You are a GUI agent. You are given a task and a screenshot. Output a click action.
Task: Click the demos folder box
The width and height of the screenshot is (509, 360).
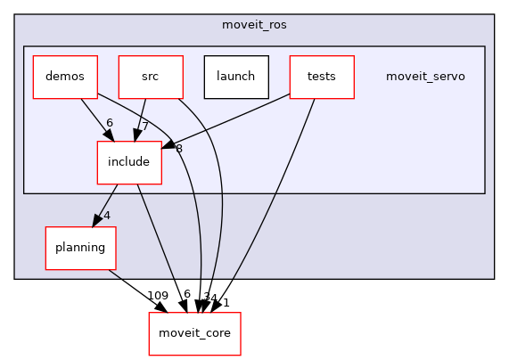pos(65,77)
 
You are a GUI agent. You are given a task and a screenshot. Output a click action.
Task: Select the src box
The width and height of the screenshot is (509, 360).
pos(150,77)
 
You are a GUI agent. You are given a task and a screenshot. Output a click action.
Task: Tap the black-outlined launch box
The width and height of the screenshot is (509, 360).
pos(235,77)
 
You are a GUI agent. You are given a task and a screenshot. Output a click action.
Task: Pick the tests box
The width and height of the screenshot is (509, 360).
pos(321,77)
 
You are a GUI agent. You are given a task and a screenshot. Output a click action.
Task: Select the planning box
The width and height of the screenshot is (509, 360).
pos(81,248)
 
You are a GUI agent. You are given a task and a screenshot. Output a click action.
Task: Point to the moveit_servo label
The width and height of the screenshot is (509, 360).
pos(425,77)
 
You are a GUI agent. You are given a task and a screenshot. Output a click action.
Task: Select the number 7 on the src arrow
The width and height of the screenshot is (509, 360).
pos(144,127)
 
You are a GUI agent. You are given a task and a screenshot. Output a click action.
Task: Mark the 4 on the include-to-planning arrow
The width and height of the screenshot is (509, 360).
pos(106,215)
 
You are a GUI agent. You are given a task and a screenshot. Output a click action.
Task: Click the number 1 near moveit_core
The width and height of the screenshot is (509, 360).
pos(226,303)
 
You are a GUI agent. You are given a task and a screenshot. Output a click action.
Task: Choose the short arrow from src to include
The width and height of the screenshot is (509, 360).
pos(140,119)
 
